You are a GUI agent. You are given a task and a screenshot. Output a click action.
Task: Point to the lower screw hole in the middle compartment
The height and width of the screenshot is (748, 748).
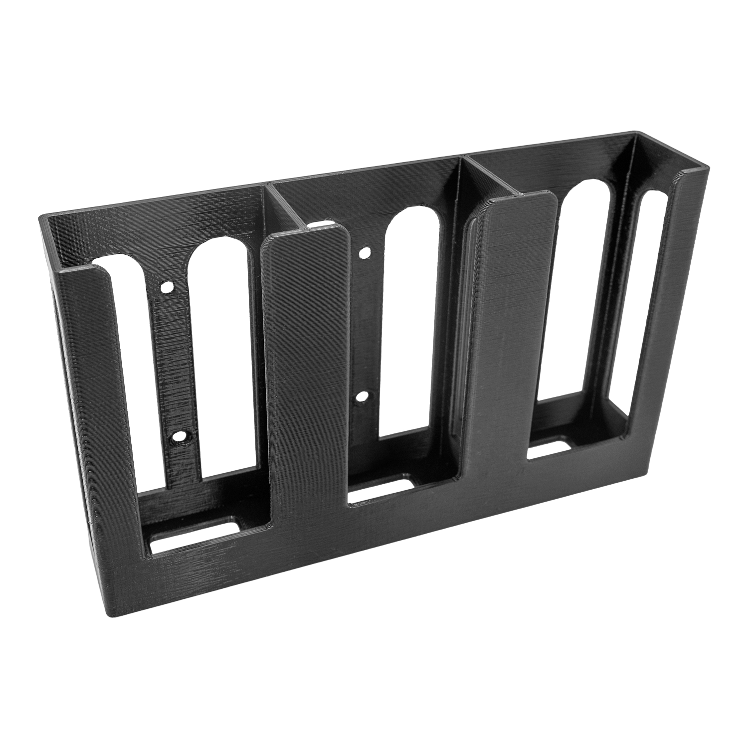(364, 397)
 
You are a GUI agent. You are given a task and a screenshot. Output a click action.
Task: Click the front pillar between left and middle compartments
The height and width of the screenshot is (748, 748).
(304, 374)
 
